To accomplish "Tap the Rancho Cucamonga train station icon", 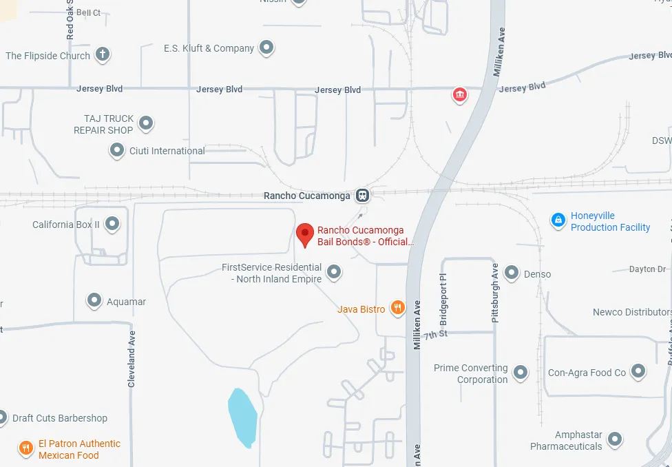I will pyautogui.click(x=362, y=196).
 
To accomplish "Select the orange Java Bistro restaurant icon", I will pyautogui.click(x=397, y=308).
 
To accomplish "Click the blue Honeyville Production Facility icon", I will pyautogui.click(x=558, y=220).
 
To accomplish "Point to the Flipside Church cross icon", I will pyautogui.click(x=103, y=54).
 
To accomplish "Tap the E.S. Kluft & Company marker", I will pyautogui.click(x=266, y=48).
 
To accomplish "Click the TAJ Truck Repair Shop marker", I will pyautogui.click(x=145, y=124).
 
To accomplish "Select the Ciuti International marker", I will pyautogui.click(x=117, y=150).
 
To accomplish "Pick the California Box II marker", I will pyautogui.click(x=112, y=224).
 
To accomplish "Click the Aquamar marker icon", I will pyautogui.click(x=94, y=301).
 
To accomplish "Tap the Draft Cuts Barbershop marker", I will pyautogui.click(x=3, y=417).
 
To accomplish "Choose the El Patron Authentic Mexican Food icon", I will pyautogui.click(x=26, y=448).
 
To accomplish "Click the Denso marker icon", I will pyautogui.click(x=512, y=273).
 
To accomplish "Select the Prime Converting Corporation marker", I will pyautogui.click(x=521, y=373).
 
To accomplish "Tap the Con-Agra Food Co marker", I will pyautogui.click(x=638, y=372).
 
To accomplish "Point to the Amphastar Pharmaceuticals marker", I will pyautogui.click(x=615, y=439).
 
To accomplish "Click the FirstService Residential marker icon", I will pyautogui.click(x=334, y=273).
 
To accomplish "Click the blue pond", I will pyautogui.click(x=242, y=417).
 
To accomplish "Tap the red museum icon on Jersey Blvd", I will pyautogui.click(x=459, y=94).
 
